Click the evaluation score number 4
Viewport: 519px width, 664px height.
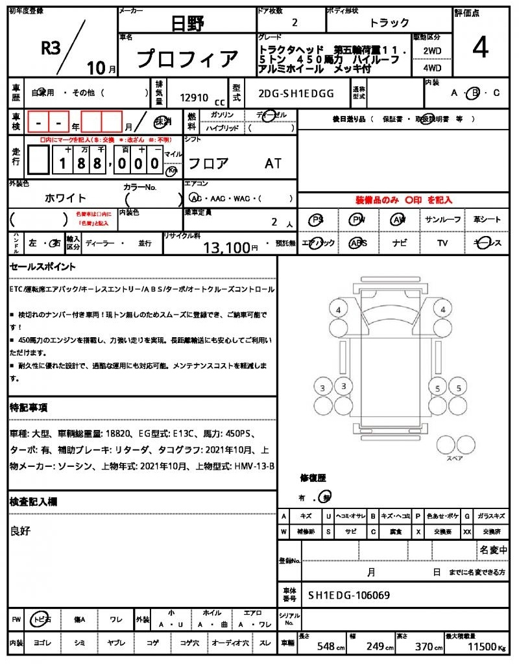click(481, 49)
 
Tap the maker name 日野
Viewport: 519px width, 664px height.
click(187, 24)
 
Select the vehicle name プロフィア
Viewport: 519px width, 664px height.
click(188, 60)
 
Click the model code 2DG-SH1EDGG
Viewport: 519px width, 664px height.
click(296, 93)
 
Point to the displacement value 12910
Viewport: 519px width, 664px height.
click(194, 98)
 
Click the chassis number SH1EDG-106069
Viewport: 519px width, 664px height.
click(349, 595)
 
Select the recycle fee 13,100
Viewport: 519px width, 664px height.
click(226, 247)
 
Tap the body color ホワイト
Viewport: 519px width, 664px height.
click(65, 198)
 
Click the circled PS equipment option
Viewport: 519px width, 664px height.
click(317, 220)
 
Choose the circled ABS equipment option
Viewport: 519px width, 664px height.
click(357, 243)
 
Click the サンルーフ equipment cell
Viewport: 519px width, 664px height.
click(443, 220)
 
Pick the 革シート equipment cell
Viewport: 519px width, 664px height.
click(487, 220)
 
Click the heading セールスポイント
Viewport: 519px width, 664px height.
click(43, 267)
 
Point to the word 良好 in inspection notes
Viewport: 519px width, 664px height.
click(21, 531)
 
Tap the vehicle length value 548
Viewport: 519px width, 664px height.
click(325, 647)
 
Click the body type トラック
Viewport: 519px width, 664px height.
click(389, 23)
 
